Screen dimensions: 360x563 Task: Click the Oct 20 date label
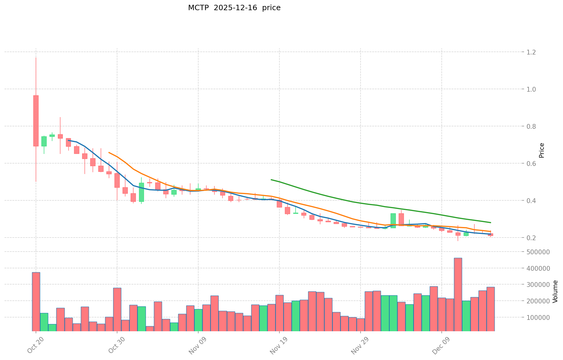pos(35,347)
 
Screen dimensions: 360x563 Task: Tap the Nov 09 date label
pos(198,347)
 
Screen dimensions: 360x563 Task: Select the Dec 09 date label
pos(441,347)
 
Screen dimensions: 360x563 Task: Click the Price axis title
pos(541,150)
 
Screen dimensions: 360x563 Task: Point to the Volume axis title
pos(555,291)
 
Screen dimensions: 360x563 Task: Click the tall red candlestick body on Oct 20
pos(36,121)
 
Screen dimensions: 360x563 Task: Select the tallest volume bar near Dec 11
pos(458,294)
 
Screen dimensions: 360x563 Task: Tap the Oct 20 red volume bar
pos(36,301)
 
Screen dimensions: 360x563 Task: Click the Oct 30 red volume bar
pos(117,309)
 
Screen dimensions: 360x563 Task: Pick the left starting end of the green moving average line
pos(271,180)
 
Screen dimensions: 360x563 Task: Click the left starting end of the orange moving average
pos(109,152)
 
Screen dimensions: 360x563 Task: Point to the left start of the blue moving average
pos(68,140)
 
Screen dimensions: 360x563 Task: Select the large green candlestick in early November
pos(141,192)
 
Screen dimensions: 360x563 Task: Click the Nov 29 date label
pos(360,347)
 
